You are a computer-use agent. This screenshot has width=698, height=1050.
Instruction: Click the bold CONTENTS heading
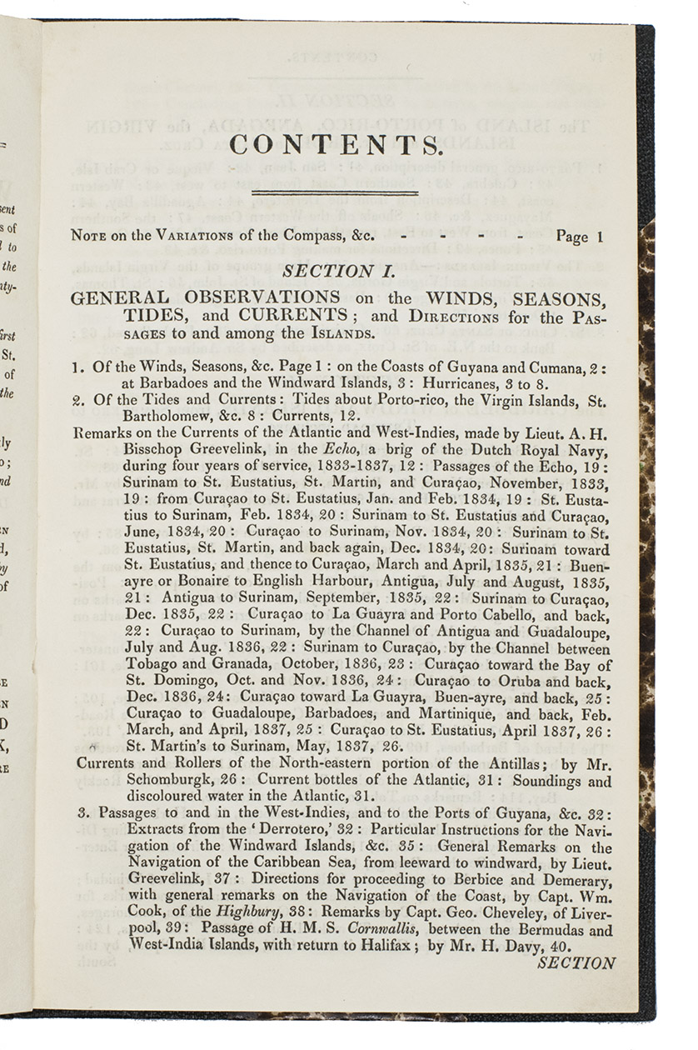pos(335,145)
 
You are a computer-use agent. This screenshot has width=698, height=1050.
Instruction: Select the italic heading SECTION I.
pos(330,270)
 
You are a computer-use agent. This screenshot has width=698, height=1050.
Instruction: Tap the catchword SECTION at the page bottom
pos(576,962)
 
